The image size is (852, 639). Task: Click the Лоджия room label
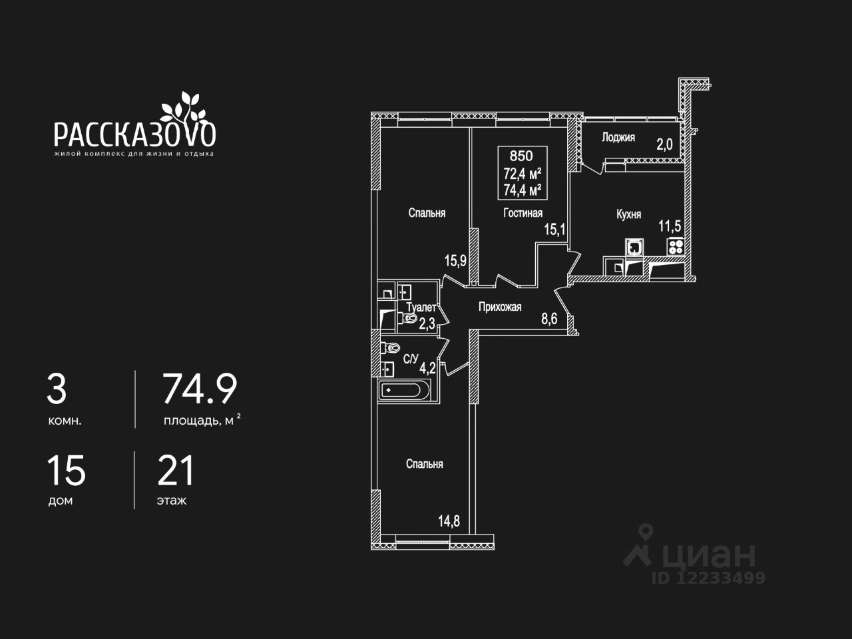coord(618,138)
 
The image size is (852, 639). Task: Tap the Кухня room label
coord(628,214)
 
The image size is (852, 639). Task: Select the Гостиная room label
coord(523,213)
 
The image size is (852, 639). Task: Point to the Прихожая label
coord(499,307)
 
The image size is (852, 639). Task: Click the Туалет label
coord(421,308)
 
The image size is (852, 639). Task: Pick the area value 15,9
coord(455,260)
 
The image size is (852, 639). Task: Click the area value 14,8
coord(449,521)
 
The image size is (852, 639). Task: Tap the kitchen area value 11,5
coord(670,226)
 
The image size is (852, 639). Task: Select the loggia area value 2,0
coord(664,145)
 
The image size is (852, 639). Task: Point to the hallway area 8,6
coord(548,319)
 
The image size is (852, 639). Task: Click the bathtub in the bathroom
coord(407,389)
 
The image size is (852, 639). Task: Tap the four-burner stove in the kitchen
coord(676,247)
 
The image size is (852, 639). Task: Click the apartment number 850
coord(521,156)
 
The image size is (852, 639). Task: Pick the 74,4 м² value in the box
coord(522,190)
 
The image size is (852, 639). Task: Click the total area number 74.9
coord(200,389)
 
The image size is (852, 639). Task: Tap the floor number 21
coord(176,471)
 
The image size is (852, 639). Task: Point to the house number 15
coord(66,471)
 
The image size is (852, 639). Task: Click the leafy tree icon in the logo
coord(182,106)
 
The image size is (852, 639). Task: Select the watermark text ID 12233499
coord(708,578)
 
